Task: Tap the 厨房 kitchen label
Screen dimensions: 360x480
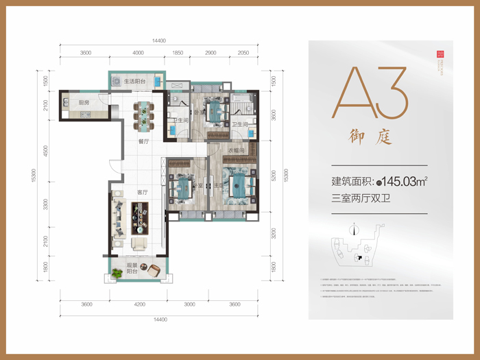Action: (x=84, y=103)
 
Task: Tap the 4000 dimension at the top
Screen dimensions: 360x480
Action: (x=139, y=53)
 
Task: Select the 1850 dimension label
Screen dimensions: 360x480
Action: (x=177, y=53)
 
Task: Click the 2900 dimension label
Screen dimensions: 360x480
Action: (x=211, y=53)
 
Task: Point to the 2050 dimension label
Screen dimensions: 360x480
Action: (x=243, y=53)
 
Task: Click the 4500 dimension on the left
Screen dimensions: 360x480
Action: (x=45, y=152)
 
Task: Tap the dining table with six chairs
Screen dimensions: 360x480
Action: (x=143, y=115)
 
